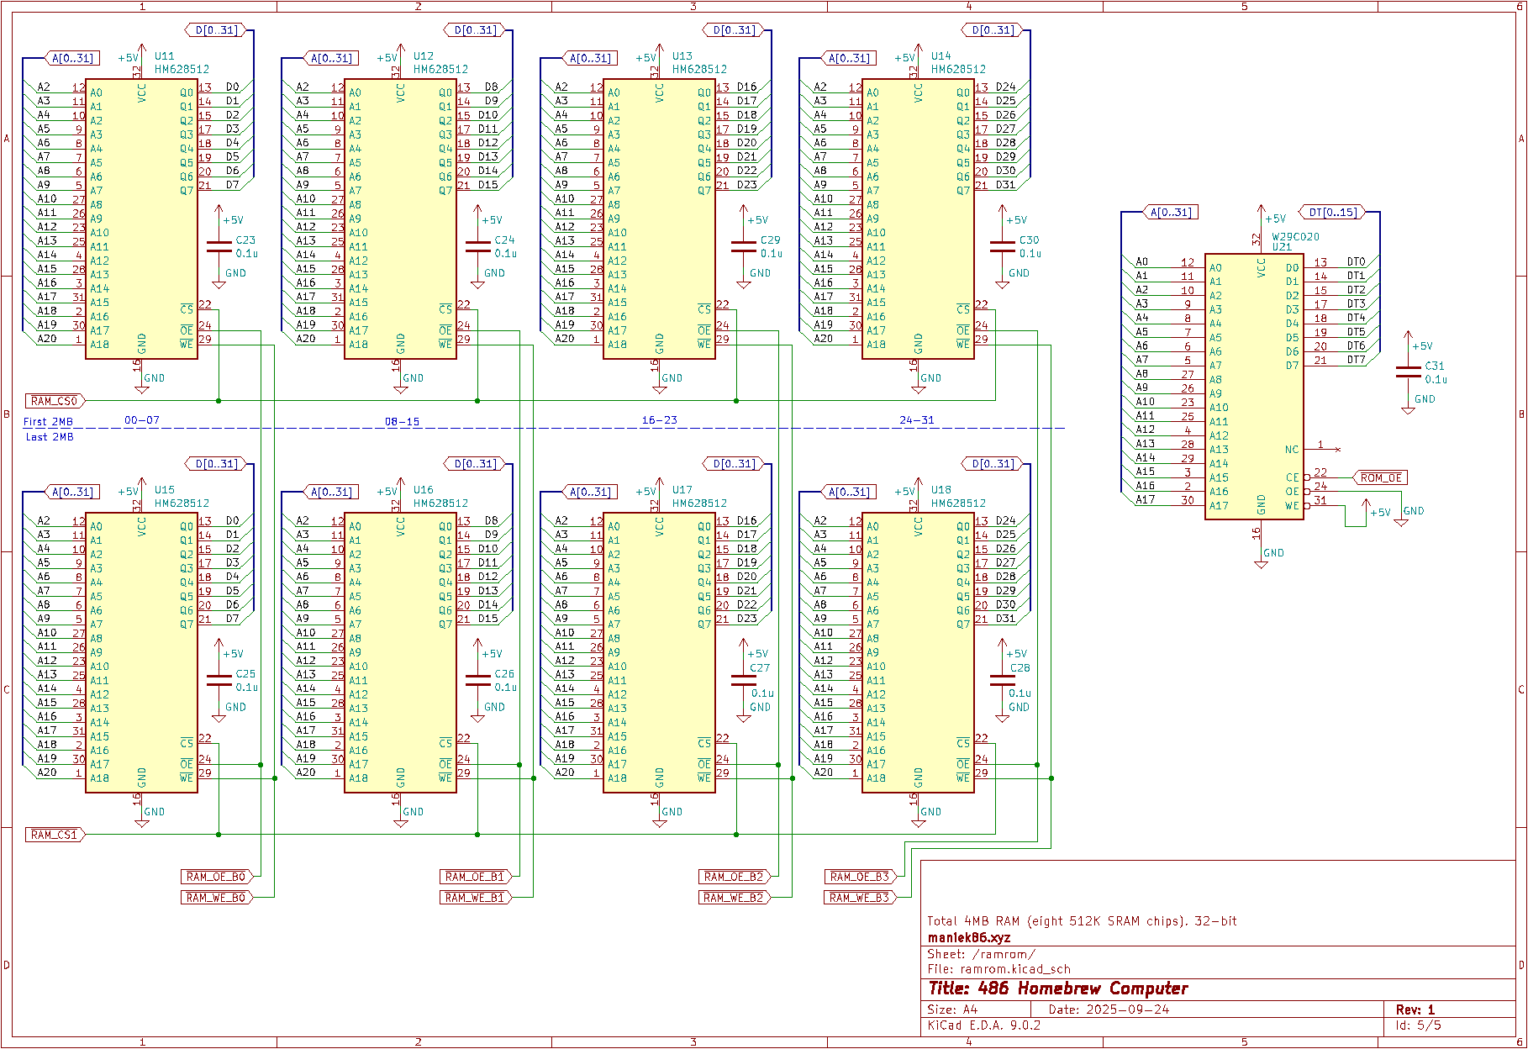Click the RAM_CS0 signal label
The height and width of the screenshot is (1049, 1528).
(54, 401)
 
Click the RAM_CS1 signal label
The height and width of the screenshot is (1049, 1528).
(54, 835)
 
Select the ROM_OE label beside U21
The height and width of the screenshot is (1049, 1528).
(1381, 477)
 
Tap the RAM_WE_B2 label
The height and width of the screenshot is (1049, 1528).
(733, 898)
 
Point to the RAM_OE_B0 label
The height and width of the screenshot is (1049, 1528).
(215, 877)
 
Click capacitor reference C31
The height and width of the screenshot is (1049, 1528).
(1434, 366)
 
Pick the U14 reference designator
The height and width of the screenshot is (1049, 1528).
(941, 55)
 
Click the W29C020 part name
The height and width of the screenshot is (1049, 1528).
(1295, 237)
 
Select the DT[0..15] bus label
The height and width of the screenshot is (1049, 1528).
(1332, 212)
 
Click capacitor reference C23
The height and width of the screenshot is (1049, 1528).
(245, 240)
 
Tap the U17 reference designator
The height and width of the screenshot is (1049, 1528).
(682, 489)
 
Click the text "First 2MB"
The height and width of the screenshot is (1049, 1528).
(48, 422)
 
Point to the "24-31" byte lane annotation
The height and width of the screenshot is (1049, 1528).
(916, 419)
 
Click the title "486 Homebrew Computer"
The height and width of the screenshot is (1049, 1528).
(1057, 988)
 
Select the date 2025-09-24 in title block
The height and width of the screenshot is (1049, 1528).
(1127, 1009)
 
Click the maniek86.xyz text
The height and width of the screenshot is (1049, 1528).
(968, 937)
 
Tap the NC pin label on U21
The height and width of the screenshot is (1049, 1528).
(1291, 450)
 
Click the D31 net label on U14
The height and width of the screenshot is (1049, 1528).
(1005, 184)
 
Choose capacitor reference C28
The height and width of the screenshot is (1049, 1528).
(1020, 668)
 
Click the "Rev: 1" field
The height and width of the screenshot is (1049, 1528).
(1415, 1009)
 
